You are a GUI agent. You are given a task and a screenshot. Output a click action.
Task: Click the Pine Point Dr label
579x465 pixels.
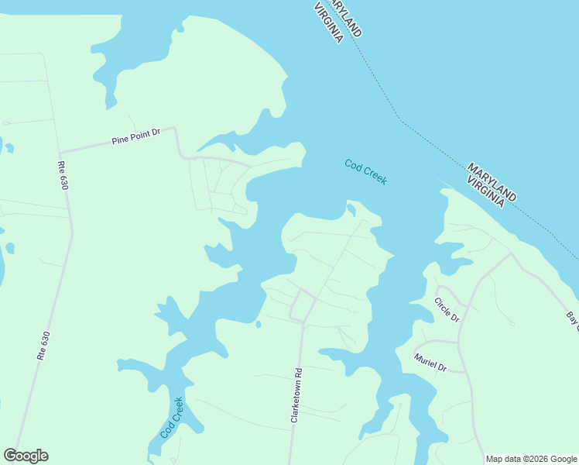click(x=135, y=136)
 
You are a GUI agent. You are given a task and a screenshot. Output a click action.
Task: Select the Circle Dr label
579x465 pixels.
click(x=447, y=310)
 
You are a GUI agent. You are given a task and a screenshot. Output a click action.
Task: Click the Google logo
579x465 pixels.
click(x=26, y=456)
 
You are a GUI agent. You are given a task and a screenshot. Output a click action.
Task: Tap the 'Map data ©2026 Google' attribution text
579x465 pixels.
click(x=531, y=459)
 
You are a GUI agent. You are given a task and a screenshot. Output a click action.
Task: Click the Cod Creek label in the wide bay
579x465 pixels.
click(x=366, y=172)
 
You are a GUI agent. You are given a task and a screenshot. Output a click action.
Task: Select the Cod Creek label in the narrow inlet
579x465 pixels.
click(x=172, y=418)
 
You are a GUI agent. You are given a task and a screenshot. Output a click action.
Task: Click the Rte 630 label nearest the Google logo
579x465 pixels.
click(x=43, y=346)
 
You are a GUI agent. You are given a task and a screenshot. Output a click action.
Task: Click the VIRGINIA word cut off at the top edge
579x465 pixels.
click(x=328, y=22)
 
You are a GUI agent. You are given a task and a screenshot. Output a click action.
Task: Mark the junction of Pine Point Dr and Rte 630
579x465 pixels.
click(x=60, y=152)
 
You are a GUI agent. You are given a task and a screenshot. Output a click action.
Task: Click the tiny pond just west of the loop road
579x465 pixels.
click(x=258, y=324)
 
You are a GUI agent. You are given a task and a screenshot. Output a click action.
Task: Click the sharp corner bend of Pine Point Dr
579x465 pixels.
click(x=175, y=129)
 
